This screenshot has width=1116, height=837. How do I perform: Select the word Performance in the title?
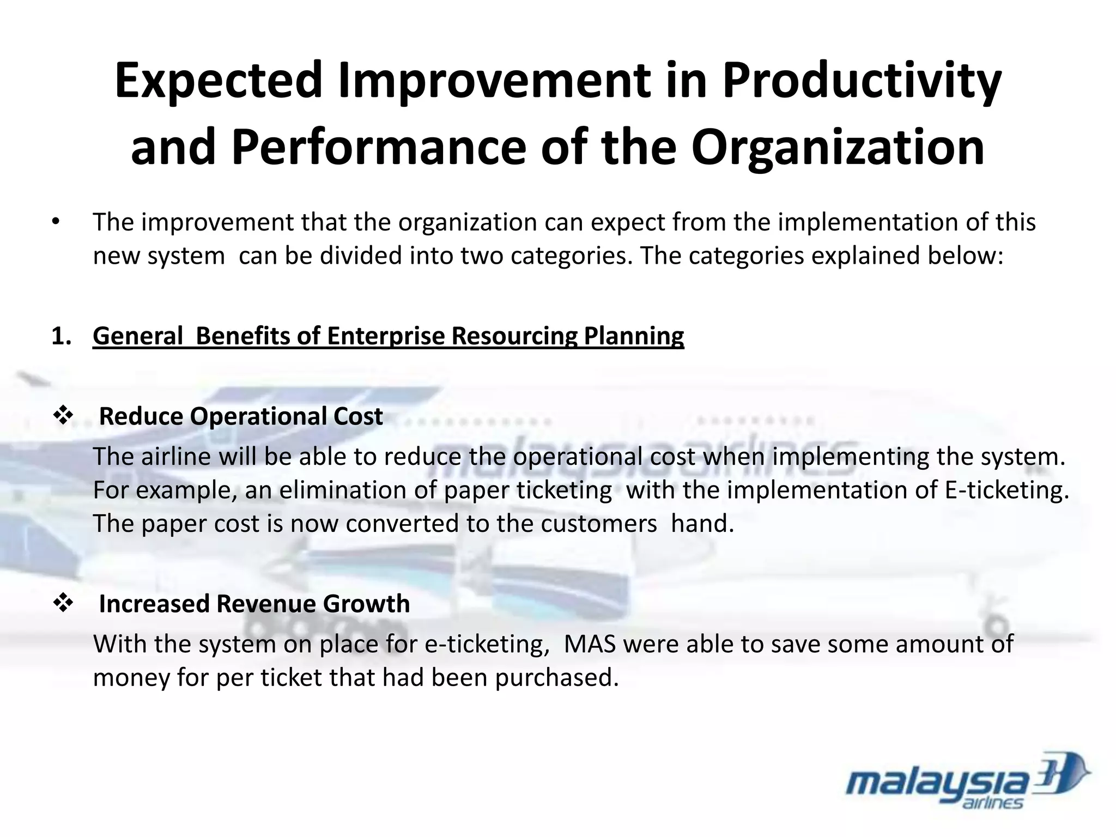379,148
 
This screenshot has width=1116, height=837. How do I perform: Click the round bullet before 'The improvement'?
55,222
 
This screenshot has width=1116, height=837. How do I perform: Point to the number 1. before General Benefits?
61,336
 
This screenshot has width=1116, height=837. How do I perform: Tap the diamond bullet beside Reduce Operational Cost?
63,416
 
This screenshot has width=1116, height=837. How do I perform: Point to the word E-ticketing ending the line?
1006,490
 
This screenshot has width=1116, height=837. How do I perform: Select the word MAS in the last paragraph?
590,644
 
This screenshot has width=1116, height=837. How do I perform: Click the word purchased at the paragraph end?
556,678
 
